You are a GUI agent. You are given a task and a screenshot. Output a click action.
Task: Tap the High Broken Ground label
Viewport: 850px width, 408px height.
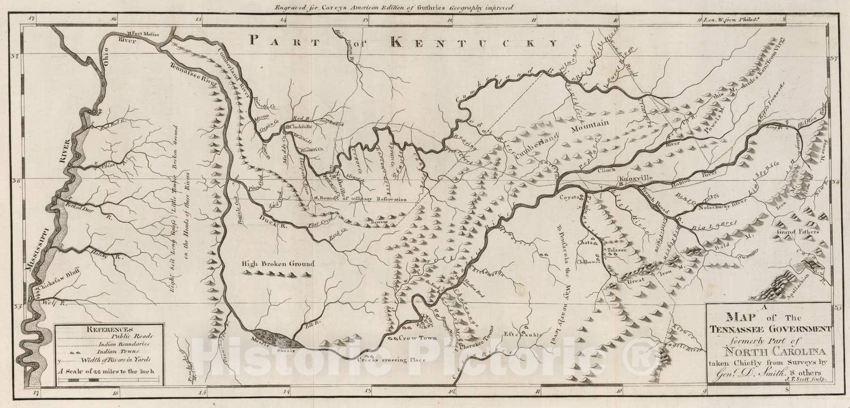(278, 263)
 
